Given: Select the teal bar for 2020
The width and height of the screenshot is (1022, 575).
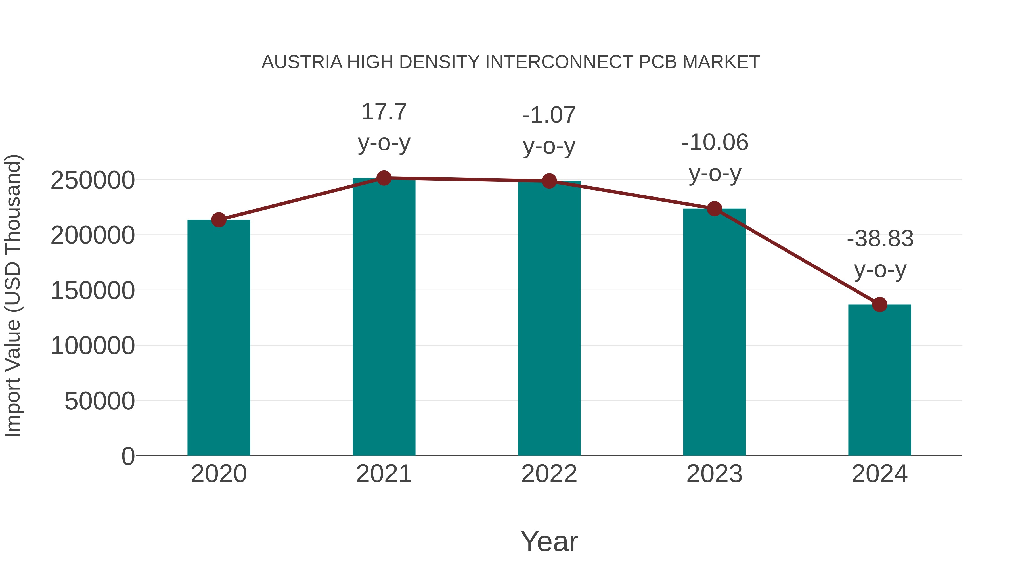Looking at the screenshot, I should click(219, 337).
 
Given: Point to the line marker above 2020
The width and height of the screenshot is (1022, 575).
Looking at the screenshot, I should click(219, 219).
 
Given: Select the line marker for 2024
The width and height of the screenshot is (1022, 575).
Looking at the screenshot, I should click(879, 304).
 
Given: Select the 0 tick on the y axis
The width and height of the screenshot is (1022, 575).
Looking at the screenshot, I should click(128, 456).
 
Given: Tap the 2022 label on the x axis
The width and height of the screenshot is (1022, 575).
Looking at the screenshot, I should click(549, 474).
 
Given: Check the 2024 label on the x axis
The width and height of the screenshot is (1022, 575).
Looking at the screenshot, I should click(879, 474).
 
